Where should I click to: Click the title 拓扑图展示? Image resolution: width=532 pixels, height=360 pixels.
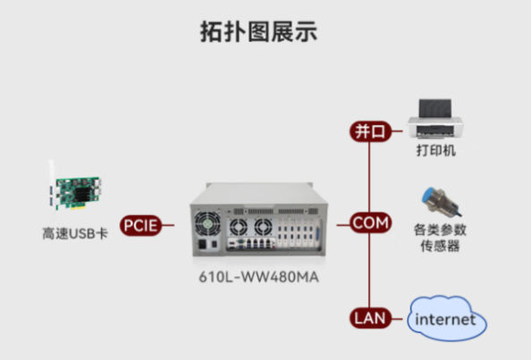(258, 32)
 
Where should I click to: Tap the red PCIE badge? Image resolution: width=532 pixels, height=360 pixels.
(139, 225)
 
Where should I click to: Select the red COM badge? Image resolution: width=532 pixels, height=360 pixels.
(370, 222)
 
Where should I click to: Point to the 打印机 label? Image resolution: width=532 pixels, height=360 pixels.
(435, 151)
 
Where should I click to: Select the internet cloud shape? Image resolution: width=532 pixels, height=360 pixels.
(448, 319)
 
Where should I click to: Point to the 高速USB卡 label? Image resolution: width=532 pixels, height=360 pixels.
(75, 234)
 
